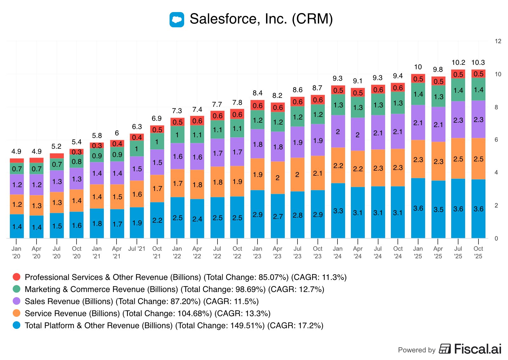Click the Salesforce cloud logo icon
[177, 20]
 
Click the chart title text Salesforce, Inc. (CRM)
[261, 19]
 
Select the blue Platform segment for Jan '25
[418, 208]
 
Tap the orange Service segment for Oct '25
[478, 159]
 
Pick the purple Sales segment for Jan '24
[338, 131]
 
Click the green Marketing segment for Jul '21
[137, 148]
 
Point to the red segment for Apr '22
[197, 121]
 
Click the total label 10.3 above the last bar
[478, 63]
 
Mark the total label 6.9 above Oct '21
[157, 119]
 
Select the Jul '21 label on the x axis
[137, 249]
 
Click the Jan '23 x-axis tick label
[257, 252]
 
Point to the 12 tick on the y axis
[498, 41]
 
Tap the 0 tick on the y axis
[496, 238]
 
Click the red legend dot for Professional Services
[17, 277]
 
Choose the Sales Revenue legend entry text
[142, 301]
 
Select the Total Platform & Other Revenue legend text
[174, 325]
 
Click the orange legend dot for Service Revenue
[17, 313]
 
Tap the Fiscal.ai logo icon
[445, 349]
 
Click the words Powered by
[417, 350]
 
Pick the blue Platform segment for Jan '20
[17, 226]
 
